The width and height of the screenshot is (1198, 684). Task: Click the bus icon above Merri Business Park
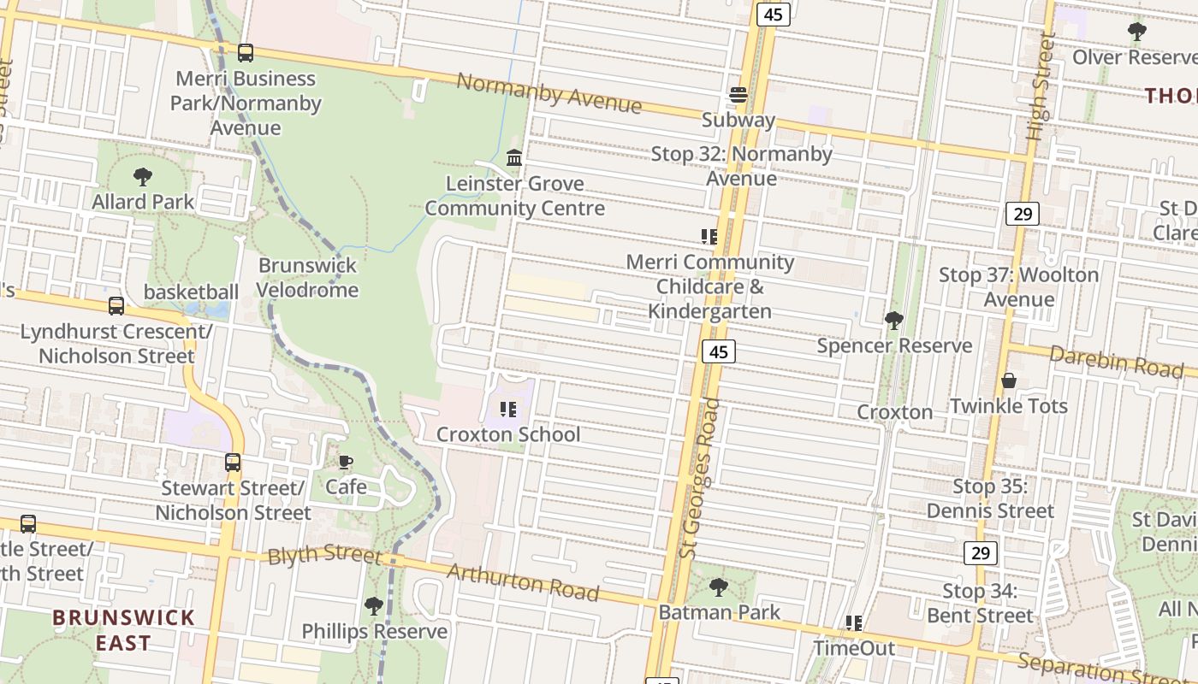[x=246, y=53]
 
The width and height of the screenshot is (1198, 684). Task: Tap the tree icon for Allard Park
[x=143, y=177]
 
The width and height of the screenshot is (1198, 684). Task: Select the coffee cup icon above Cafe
[x=346, y=463]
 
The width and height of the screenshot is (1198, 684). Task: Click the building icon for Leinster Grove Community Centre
[x=514, y=158]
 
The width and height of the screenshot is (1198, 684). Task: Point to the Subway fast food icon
[x=738, y=95]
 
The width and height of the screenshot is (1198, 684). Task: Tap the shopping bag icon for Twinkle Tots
[x=1009, y=380]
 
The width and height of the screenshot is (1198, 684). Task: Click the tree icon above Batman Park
[x=719, y=587]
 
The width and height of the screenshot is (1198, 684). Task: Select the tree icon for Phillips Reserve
[x=374, y=606]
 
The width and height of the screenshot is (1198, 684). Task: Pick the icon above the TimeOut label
[x=853, y=623]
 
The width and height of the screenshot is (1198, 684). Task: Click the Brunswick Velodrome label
[x=307, y=278]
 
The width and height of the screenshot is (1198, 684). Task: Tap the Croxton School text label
[x=508, y=434]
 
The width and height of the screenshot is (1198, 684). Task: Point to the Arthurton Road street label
[x=522, y=581]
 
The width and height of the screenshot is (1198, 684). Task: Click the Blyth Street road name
[x=324, y=554]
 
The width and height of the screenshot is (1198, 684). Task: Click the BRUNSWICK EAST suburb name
[x=123, y=630]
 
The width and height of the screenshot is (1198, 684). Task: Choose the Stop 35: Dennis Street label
[x=990, y=498]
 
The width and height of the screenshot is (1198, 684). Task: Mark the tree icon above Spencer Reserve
[x=894, y=321]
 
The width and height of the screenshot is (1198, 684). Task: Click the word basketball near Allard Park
[x=191, y=292]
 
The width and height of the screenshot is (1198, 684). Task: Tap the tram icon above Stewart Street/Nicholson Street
[x=233, y=463]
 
